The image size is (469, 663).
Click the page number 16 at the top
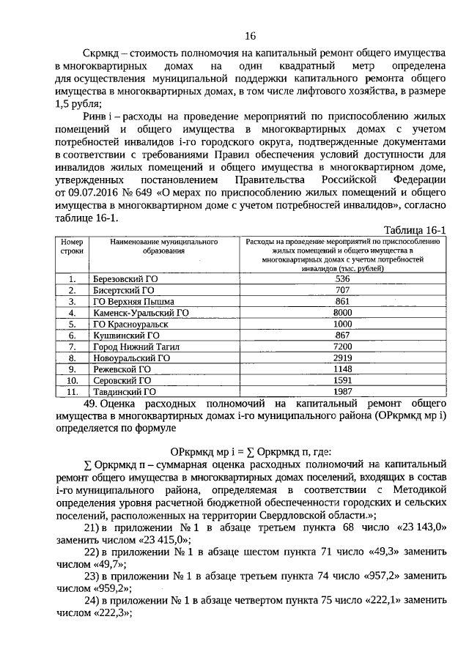coord(251,36)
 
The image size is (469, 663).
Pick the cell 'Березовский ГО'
coord(125,279)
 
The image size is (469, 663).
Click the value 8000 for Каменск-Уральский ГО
coord(342,312)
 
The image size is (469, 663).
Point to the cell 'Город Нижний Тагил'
coord(137,346)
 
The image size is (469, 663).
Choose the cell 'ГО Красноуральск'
coord(130,324)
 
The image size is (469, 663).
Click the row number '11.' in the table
coord(72,391)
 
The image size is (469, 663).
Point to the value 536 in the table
coord(342,279)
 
